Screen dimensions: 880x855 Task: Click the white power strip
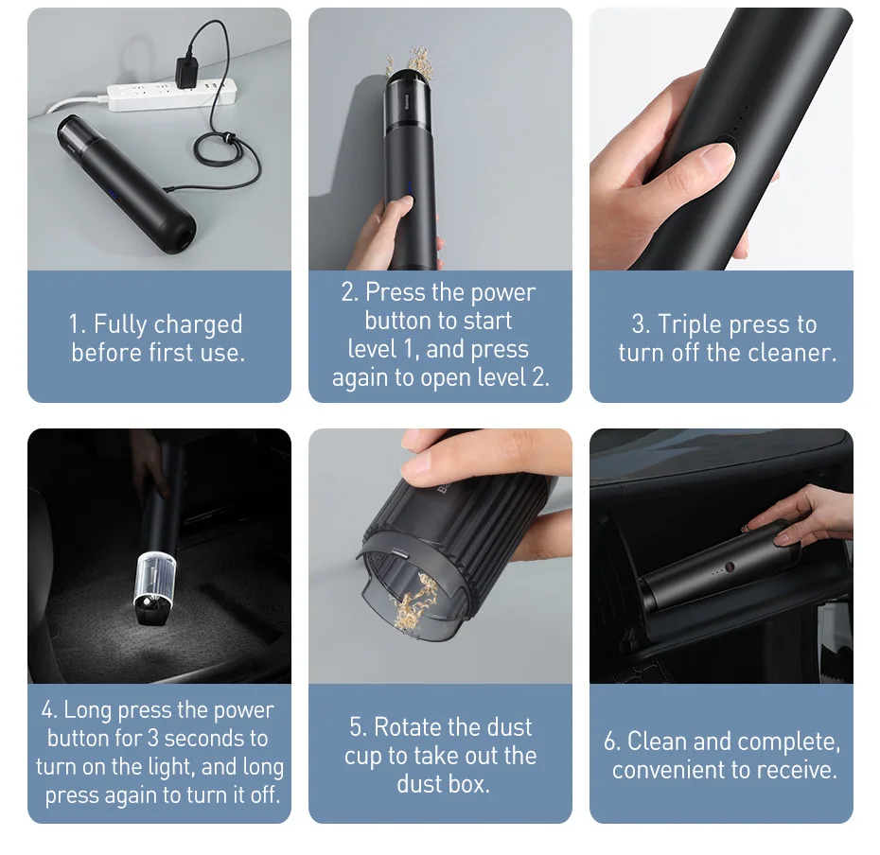tap(171, 95)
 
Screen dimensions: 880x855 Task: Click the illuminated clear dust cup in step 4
tap(155, 582)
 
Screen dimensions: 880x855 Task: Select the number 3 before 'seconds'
tap(153, 738)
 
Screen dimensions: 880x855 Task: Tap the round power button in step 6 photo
tap(730, 567)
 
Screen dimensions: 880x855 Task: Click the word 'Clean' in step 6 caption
tap(658, 742)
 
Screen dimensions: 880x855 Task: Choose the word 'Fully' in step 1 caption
tap(120, 324)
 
